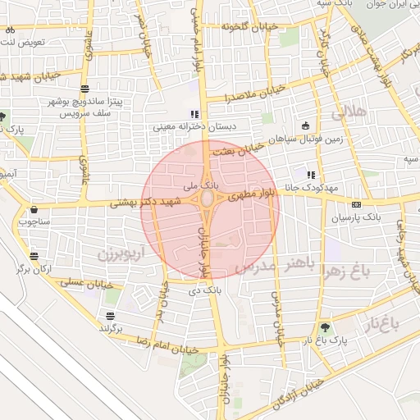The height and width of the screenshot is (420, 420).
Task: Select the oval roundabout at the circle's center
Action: [210, 199]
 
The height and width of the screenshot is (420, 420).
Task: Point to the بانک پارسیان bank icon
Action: [355, 204]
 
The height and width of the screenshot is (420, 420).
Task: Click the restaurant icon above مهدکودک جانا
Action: [311, 175]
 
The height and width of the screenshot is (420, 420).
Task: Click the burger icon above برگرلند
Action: [111, 316]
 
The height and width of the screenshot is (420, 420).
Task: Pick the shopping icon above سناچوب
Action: [34, 209]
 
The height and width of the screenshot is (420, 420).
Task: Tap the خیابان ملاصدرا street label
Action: [255, 92]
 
